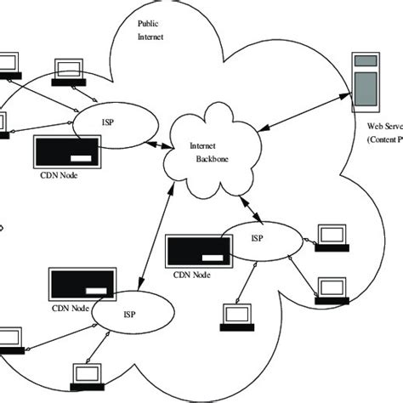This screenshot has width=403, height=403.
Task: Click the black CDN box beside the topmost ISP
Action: click(x=68, y=153)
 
